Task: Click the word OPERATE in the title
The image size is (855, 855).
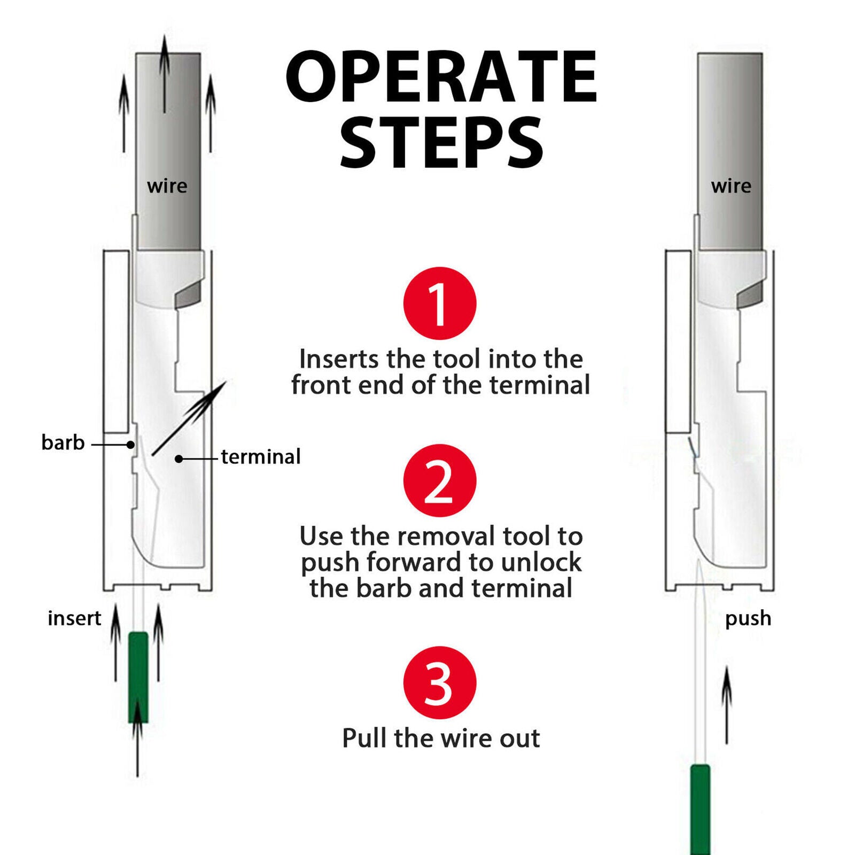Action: coord(441,76)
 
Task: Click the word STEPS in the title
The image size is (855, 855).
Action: coord(441,143)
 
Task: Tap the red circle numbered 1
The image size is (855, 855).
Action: coord(440,303)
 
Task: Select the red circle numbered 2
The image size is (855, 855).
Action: coord(440,480)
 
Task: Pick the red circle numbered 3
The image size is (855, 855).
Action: coord(440,682)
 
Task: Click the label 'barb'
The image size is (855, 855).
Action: coord(63,442)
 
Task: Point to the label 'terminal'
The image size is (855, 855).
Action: coord(261,457)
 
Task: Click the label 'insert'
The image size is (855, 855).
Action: coord(74,618)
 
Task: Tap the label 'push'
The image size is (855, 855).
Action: coord(748,619)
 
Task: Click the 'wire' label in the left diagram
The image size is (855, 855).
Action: coord(167,186)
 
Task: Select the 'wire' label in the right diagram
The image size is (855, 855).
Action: coord(731,186)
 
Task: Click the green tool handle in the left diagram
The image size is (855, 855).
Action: coord(138,677)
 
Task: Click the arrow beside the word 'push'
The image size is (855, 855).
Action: coord(727,705)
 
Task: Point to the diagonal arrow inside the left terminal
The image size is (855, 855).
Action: coord(189,418)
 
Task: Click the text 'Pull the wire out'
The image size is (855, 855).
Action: coord(441,739)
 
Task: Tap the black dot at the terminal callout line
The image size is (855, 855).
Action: coord(179,458)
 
